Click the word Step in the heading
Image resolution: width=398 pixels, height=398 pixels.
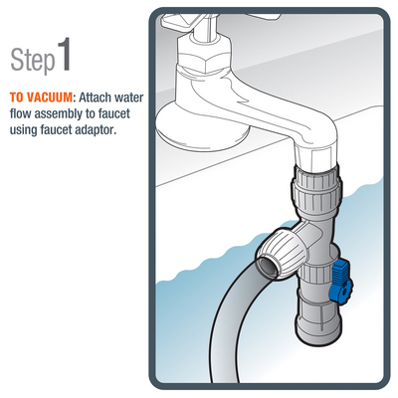[33, 60]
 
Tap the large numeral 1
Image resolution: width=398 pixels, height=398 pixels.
[65, 54]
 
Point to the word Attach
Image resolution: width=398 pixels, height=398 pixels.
[95, 98]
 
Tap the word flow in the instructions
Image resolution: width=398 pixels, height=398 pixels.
[21, 113]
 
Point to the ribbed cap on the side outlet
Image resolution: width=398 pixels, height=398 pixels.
[282, 252]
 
